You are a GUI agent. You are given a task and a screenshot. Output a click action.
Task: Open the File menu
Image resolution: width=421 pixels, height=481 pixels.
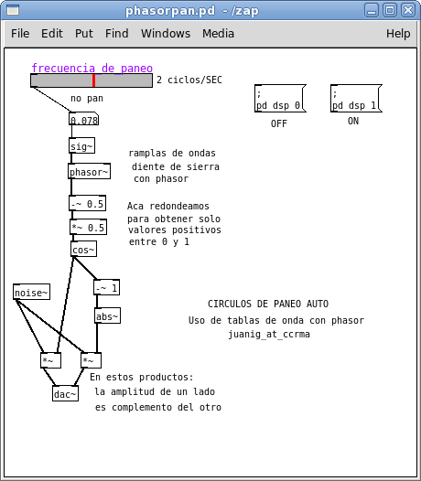tap(20, 34)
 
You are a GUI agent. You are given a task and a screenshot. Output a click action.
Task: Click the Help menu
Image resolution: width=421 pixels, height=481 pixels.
tap(398, 34)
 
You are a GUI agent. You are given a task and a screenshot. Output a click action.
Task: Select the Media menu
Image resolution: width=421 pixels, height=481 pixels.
tap(218, 34)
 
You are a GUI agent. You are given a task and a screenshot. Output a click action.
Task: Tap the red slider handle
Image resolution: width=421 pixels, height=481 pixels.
tap(93, 80)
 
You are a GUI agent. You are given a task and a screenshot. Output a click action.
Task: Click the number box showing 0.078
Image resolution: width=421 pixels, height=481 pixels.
tap(83, 120)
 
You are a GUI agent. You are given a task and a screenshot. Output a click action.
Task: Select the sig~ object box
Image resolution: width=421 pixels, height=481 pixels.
tap(81, 145)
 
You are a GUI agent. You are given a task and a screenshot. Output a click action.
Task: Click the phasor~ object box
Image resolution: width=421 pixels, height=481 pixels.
tap(89, 171)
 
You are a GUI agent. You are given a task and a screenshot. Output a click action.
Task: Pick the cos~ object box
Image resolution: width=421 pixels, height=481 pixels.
tap(84, 249)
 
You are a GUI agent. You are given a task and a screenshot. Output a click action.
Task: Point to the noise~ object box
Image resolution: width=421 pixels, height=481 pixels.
tap(31, 292)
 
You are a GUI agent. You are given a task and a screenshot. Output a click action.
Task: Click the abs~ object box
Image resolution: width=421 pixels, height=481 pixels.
tap(107, 315)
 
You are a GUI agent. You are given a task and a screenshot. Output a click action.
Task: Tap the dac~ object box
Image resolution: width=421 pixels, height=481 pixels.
tap(65, 393)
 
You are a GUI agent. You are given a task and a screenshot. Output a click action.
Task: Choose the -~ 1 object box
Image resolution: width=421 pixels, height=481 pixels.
tap(106, 287)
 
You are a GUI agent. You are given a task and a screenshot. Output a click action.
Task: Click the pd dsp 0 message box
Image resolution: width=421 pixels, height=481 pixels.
tap(280, 99)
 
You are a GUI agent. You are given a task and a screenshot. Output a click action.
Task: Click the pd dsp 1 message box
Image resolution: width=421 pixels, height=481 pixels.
tap(356, 99)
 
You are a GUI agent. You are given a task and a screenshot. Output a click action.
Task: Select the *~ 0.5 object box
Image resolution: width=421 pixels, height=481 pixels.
tap(88, 228)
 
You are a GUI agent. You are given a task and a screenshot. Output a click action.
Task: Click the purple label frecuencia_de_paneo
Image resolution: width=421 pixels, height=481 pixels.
tap(92, 68)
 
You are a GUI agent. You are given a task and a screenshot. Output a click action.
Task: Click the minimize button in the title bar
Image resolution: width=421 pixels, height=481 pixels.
tap(372, 11)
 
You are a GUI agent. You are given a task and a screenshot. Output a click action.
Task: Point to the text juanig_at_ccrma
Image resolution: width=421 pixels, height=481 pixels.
tap(269, 334)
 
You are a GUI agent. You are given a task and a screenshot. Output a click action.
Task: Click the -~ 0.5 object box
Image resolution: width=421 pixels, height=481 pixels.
tap(88, 203)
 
